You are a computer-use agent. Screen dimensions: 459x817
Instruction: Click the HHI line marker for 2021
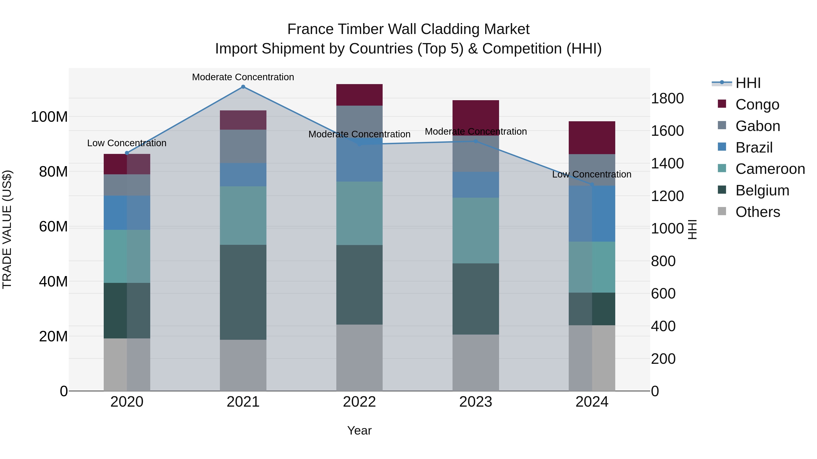click(x=243, y=87)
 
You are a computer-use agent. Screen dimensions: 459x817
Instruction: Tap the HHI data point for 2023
click(x=475, y=141)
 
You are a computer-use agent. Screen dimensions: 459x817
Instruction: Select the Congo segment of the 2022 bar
click(x=359, y=95)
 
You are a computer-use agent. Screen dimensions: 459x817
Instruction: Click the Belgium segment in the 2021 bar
click(x=243, y=292)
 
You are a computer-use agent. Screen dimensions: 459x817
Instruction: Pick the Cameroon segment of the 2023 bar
click(x=475, y=230)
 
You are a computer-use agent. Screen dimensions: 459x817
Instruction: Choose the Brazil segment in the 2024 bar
click(x=592, y=214)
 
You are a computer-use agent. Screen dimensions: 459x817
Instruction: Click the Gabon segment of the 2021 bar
click(x=243, y=146)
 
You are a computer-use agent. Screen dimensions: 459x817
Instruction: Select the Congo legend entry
click(x=757, y=104)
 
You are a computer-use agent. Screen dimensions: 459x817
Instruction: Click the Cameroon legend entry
click(x=770, y=169)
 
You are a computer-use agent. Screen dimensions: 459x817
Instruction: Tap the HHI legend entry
click(x=748, y=83)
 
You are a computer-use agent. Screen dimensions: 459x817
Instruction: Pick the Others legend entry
click(x=757, y=212)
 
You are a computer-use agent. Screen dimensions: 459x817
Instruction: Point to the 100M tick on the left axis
click(x=49, y=117)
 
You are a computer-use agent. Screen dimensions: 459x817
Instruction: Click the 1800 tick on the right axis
click(x=667, y=99)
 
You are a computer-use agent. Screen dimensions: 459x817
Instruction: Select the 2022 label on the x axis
click(x=359, y=402)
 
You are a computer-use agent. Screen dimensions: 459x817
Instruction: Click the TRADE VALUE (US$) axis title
click(x=7, y=229)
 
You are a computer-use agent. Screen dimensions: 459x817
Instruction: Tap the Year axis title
click(x=359, y=430)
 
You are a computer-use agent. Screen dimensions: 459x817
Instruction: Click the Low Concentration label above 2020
click(x=127, y=143)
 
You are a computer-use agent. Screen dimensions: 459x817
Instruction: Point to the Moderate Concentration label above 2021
click(x=243, y=77)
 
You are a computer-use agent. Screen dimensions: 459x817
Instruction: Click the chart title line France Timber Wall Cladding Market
click(x=408, y=29)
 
